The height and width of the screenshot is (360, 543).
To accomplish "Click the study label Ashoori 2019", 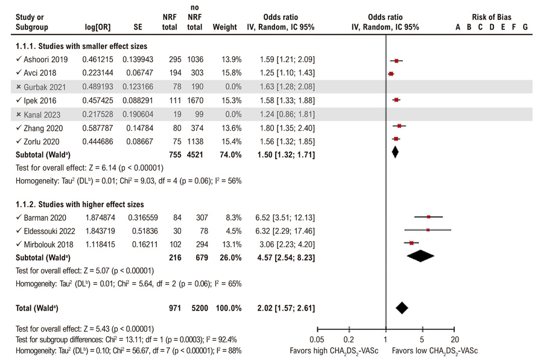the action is pyautogui.click(x=46, y=60).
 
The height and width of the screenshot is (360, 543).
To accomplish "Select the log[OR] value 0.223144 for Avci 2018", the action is pyautogui.click(x=98, y=73).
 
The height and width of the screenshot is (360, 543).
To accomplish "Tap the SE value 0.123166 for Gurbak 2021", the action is pyautogui.click(x=138, y=87).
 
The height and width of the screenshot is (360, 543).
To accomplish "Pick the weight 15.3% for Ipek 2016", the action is pyautogui.click(x=232, y=100).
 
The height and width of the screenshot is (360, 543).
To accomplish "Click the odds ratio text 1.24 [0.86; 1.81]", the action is pyautogui.click(x=287, y=114).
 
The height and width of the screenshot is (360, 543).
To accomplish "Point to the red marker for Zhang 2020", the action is pyautogui.click(x=399, y=126).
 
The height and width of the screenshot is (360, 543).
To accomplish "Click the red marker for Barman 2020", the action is pyautogui.click(x=429, y=216).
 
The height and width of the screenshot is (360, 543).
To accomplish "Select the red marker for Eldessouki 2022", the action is pyautogui.click(x=428, y=230).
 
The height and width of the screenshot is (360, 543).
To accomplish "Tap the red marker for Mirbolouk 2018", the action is pyautogui.click(x=411, y=243).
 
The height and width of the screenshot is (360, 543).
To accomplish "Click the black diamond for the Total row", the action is pyautogui.click(x=402, y=308).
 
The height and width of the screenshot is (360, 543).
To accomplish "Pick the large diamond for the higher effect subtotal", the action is pyautogui.click(x=421, y=256).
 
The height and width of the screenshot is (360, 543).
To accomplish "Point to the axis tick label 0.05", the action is pyautogui.click(x=317, y=339).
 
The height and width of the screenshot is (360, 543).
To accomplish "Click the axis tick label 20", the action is pyautogui.click(x=455, y=339).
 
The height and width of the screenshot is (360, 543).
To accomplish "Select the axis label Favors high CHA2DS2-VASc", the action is pyautogui.click(x=334, y=351).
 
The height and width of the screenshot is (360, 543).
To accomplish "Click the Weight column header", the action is pyautogui.click(x=225, y=27).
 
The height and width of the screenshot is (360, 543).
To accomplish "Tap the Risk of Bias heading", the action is pyautogui.click(x=491, y=17).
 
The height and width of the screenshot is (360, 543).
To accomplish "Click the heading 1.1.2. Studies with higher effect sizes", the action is pyautogui.click(x=80, y=204).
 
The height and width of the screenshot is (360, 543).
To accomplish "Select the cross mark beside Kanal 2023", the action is pyautogui.click(x=19, y=114).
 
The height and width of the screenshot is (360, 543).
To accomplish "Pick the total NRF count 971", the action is pyautogui.click(x=175, y=308).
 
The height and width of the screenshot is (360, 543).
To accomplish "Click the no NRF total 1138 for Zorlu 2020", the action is pyautogui.click(x=195, y=141).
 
